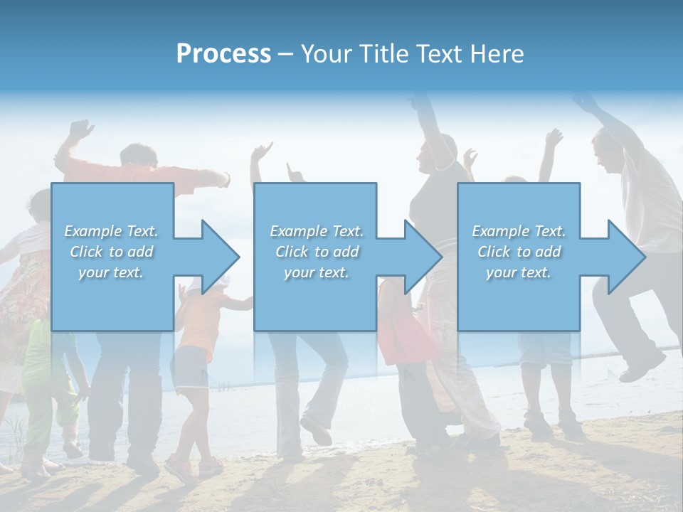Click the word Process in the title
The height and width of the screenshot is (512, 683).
[223, 54]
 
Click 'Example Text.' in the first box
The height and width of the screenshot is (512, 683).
[111, 231]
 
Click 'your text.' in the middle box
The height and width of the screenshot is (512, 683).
[316, 272]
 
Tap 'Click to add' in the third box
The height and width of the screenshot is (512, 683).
[519, 252]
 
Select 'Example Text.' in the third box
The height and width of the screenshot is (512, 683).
[519, 231]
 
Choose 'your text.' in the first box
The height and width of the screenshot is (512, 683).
[111, 272]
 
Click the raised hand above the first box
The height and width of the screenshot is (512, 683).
[80, 129]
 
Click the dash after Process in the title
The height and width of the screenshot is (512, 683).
[285, 54]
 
